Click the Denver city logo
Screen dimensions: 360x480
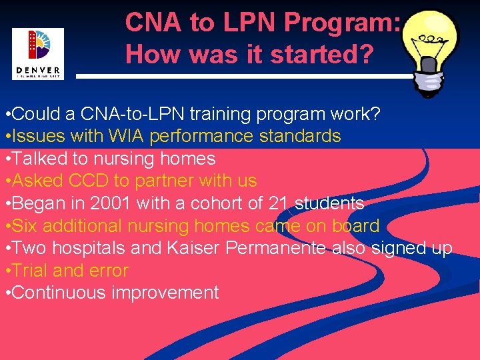(x=37, y=53)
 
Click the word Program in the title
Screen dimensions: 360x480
(x=340, y=23)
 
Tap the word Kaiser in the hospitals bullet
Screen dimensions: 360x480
(x=194, y=248)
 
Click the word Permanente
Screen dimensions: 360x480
(x=275, y=248)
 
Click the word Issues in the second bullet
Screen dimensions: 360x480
(x=36, y=137)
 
